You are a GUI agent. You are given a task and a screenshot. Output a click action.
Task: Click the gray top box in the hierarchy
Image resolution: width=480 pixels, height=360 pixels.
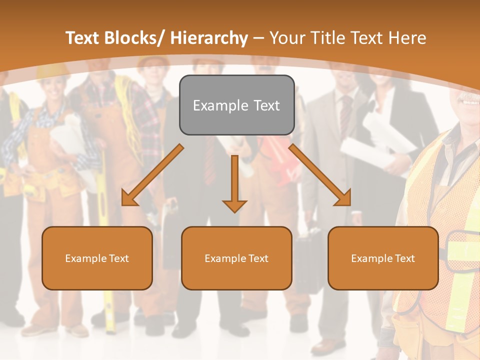pyautogui.click(x=236, y=105)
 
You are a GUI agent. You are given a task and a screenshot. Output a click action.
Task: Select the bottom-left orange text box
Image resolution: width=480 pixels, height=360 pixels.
pyautogui.click(x=97, y=258)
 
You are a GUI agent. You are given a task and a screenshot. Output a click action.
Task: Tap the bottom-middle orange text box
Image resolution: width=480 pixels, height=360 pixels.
pyautogui.click(x=236, y=258)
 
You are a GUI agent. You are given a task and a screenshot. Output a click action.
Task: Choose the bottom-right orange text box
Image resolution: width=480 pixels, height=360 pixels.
pyautogui.click(x=383, y=258)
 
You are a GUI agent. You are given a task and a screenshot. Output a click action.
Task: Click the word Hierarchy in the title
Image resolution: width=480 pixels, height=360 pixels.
pyautogui.click(x=209, y=38)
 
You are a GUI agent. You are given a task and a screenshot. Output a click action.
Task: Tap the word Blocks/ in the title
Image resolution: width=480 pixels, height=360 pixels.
pyautogui.click(x=135, y=38)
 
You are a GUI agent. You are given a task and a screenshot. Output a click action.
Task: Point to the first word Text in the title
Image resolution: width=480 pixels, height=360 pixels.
pyautogui.click(x=83, y=38)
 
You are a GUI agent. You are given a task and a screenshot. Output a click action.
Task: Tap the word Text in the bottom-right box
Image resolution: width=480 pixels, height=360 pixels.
pyautogui.click(x=404, y=258)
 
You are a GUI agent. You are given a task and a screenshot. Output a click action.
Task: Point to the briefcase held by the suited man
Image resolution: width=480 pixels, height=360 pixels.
pyautogui.click(x=308, y=255)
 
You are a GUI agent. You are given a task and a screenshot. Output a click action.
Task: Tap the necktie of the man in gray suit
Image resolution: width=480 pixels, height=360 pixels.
pyautogui.click(x=345, y=115)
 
